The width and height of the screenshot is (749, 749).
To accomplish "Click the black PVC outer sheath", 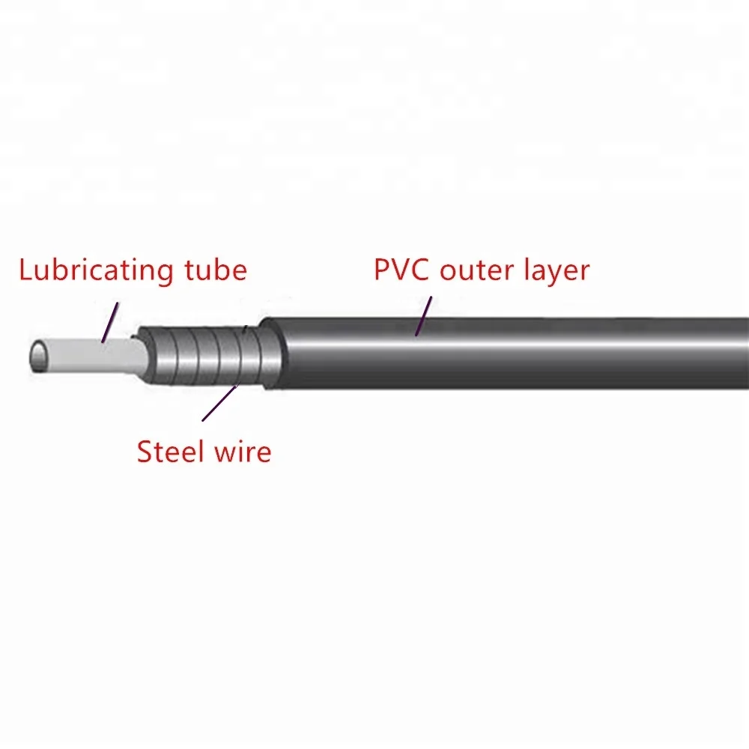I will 524,352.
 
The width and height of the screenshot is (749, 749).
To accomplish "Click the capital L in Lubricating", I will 27,269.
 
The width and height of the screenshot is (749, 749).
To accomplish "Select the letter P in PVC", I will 383,270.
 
